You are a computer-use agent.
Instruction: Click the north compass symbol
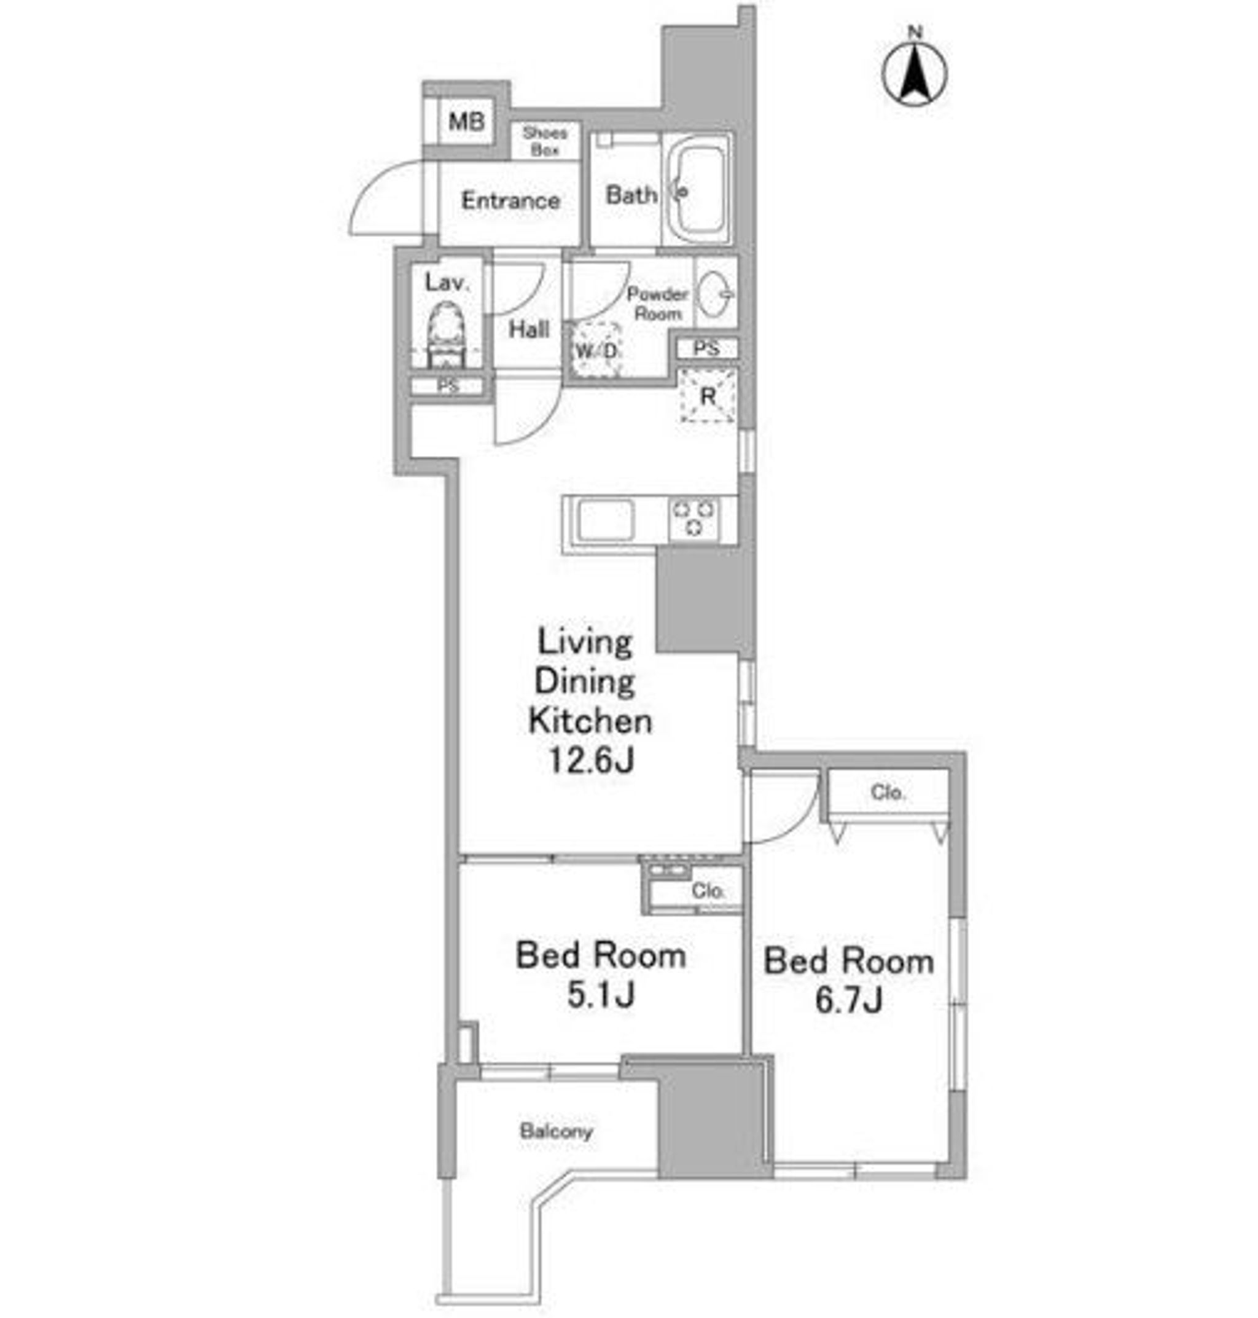pos(914,71)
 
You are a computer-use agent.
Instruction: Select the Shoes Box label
pos(544,141)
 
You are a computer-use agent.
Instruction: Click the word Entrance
pos(510,200)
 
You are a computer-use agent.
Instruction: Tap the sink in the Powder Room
pos(715,293)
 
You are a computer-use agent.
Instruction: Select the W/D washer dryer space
pos(596,350)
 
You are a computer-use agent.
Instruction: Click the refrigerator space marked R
pos(708,396)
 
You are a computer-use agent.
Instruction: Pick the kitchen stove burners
pos(694,519)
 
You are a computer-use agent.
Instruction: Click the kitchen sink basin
pos(606,520)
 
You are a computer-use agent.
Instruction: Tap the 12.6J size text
pos(591,761)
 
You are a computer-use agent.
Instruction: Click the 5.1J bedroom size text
pos(601,995)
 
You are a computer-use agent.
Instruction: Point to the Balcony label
pos(557,1132)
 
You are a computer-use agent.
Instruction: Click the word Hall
pos(528,329)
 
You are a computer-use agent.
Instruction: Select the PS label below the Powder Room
pos(706,348)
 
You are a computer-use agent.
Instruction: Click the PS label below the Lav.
pos(447,386)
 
